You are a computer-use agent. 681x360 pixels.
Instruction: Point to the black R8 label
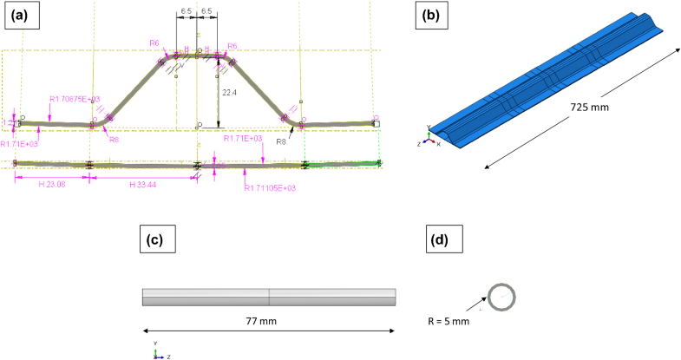coord(281,141)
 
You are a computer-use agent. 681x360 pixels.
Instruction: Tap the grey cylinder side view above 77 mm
coord(269,297)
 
